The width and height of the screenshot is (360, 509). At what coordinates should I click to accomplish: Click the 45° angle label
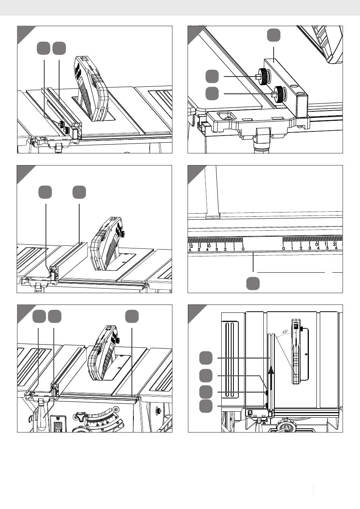coord(285,332)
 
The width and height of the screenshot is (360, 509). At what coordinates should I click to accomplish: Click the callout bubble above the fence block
coord(274,35)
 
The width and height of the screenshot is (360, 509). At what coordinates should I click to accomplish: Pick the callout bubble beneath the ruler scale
coord(253,283)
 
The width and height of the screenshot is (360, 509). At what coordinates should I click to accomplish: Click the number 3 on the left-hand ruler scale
coord(216,249)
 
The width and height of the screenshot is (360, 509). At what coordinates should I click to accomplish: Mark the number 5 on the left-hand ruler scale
coord(199,249)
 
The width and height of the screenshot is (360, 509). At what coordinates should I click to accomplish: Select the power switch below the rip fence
coord(58,426)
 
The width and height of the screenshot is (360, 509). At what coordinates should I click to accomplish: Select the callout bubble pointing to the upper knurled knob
coord(212,76)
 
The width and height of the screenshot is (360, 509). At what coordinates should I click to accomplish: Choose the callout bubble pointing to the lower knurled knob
coord(212,93)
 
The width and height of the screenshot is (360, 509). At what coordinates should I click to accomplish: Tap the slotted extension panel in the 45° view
coord(230,360)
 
